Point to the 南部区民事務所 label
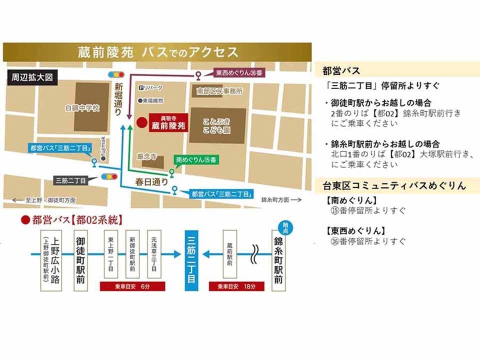point(219,91)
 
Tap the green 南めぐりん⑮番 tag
point(197,159)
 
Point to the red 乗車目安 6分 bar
point(129,287)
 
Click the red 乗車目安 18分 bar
point(236,287)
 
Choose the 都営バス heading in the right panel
point(341,71)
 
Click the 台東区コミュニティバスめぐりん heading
point(394,186)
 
